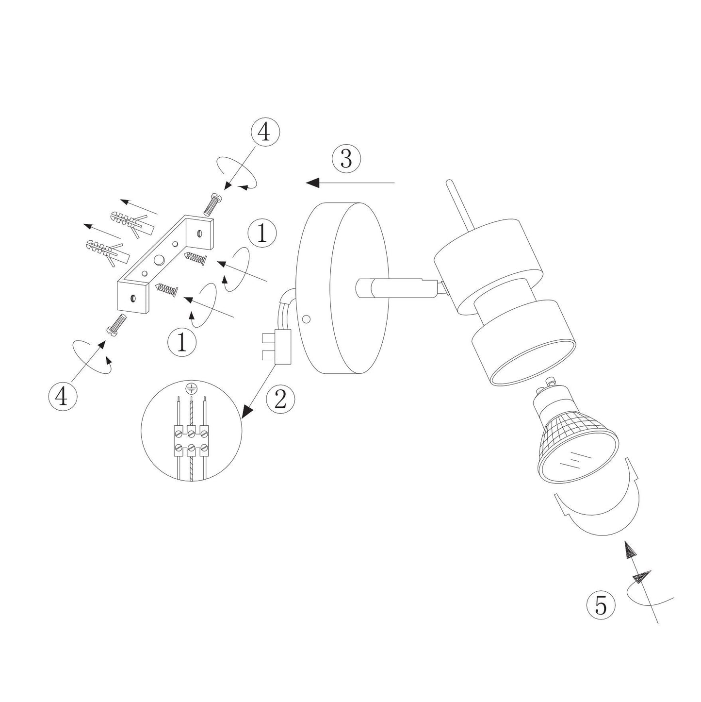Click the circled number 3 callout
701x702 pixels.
point(346,159)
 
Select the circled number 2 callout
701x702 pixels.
point(280,400)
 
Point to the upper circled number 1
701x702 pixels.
point(262,233)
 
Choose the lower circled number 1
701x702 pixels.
point(182,342)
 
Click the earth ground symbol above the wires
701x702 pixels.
point(190,389)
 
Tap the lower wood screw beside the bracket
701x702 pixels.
point(167,289)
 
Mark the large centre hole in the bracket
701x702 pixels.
point(159,260)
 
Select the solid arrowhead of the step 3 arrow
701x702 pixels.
point(313,183)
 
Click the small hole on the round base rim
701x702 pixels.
point(307,319)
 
